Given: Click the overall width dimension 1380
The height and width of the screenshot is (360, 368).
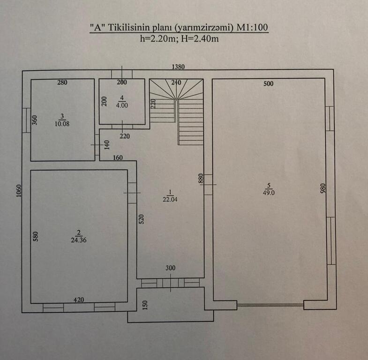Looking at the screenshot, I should click(178, 67).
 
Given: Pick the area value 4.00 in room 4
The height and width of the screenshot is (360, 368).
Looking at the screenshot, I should click(122, 105).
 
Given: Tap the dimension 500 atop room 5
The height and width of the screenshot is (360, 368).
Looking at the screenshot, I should click(268, 84).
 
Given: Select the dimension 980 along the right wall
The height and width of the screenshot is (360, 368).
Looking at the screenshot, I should click(323, 188).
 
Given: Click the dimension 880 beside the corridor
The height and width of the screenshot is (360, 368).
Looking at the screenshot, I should click(201, 179).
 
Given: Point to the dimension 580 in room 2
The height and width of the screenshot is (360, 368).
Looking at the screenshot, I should click(36, 236).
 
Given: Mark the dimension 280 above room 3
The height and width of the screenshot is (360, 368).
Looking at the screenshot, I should click(62, 83).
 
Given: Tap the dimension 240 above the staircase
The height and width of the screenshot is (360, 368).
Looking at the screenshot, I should click(176, 83).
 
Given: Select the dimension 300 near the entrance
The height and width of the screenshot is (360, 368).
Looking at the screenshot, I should click(171, 268).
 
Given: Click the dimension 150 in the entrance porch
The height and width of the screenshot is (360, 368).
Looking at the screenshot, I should click(145, 305).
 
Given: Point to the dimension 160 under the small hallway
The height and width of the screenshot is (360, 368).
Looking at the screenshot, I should click(118, 158).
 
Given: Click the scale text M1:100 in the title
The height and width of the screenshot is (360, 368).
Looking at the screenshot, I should click(252, 28).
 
